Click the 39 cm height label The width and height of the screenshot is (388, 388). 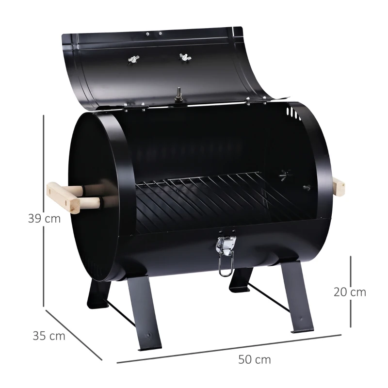44,218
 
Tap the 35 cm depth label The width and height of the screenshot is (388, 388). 49,336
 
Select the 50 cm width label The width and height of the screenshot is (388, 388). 255,360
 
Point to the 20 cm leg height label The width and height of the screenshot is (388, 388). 350,292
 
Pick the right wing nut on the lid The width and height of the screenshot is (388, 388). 185,58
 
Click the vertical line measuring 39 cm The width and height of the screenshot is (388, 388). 44,165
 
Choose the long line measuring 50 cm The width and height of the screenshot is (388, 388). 228,349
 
